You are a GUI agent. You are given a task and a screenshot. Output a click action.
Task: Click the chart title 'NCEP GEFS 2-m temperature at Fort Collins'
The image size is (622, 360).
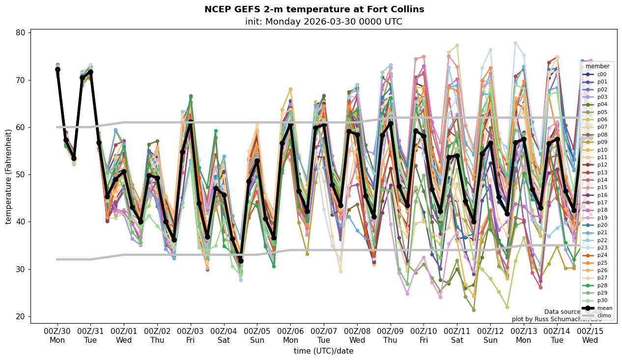click(x=314, y=9)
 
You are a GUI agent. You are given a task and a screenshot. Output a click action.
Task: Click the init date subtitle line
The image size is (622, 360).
click(x=323, y=22)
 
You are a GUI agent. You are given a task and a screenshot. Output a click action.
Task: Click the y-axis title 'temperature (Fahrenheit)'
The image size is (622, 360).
click(x=9, y=176)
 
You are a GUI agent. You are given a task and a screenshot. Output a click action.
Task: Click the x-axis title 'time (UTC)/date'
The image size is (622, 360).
click(x=323, y=351)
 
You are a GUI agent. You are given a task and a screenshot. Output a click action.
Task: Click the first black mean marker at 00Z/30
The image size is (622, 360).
click(x=57, y=70)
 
